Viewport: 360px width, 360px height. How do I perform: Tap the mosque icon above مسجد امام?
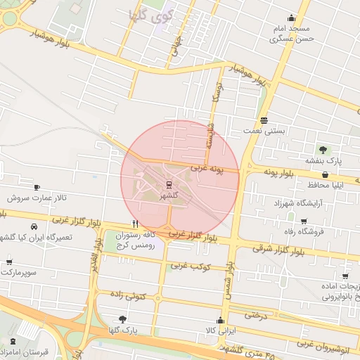coord(291,18)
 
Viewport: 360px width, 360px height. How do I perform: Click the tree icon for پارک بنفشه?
coord(323,150)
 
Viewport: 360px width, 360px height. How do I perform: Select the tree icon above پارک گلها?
coord(123,319)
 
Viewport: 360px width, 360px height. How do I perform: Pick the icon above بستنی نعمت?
coord(264,120)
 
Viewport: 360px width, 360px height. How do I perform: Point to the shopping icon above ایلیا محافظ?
coord(326,174)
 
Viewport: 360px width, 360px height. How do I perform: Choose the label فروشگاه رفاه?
coord(320,231)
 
